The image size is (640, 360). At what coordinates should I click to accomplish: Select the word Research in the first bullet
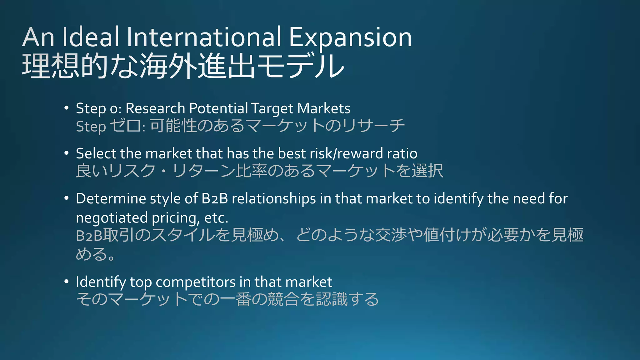[155, 108]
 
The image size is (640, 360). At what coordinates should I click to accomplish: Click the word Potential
[218, 108]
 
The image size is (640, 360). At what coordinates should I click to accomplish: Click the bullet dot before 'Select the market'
[66, 153]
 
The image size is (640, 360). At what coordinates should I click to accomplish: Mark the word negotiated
[112, 217]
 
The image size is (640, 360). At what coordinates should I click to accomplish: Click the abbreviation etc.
[216, 217]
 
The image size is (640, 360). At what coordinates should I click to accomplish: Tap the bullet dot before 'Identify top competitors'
[66, 282]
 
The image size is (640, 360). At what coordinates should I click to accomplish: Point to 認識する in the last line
[347, 299]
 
